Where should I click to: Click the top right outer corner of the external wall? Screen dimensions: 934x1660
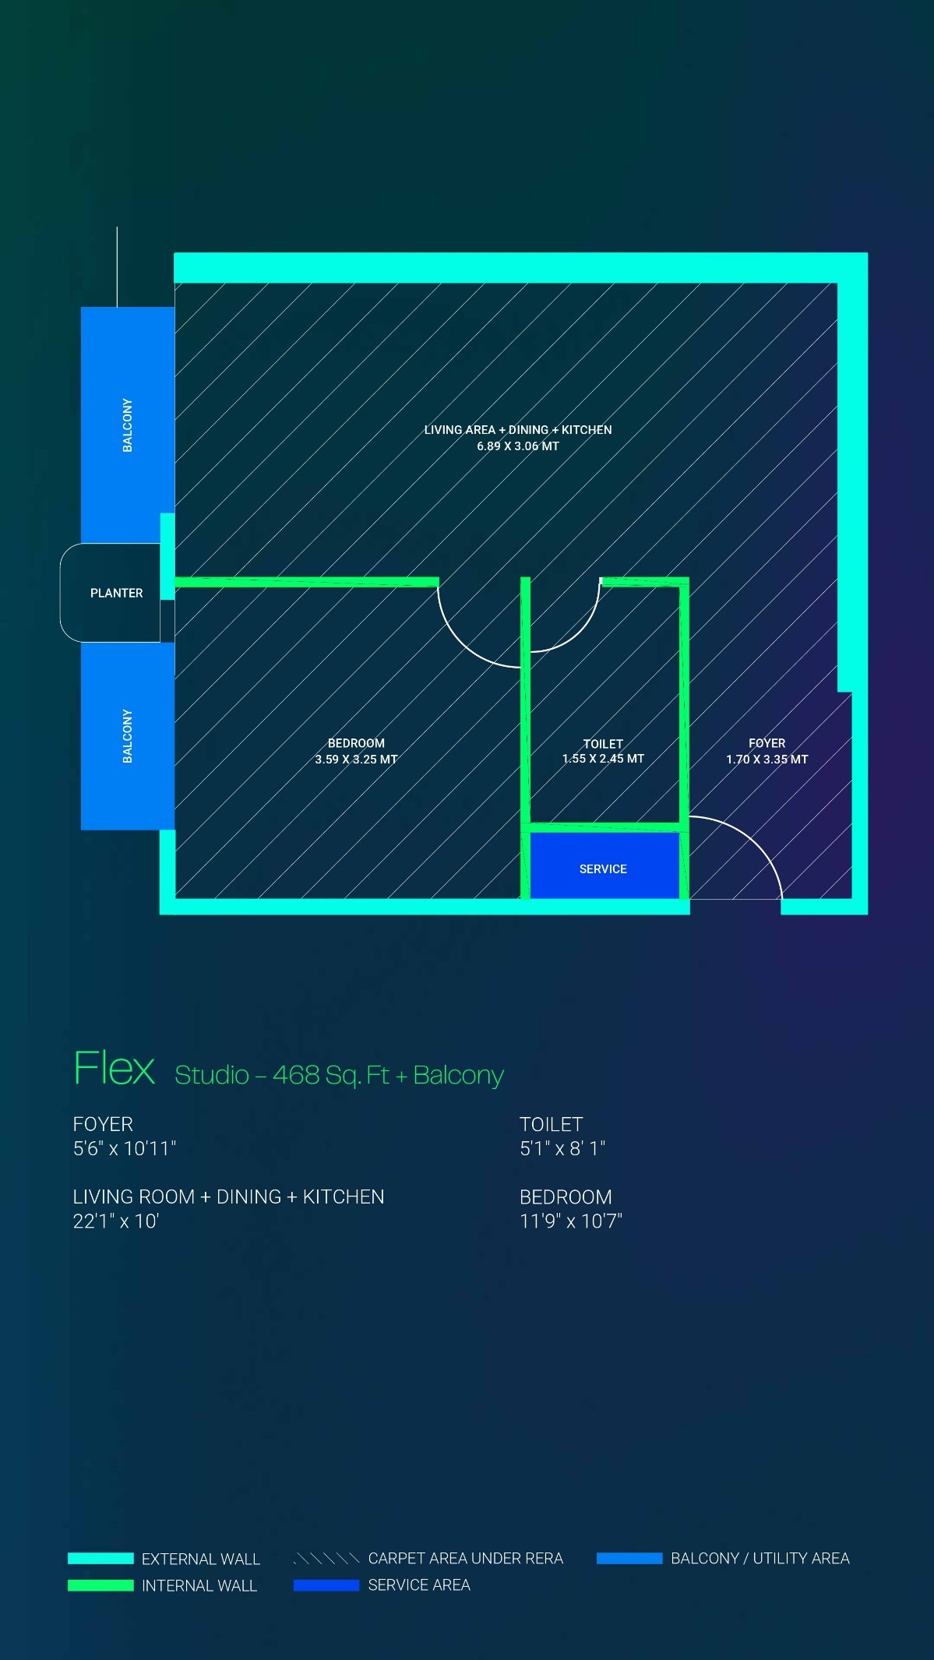click(x=867, y=253)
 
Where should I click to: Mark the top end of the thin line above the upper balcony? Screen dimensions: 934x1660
click(x=117, y=227)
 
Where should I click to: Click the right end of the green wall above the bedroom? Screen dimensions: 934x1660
click(x=439, y=582)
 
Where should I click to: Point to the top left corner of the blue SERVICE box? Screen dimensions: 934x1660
click(x=531, y=833)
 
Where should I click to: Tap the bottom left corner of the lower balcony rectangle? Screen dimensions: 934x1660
click(x=82, y=829)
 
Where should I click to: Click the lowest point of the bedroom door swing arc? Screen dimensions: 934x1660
click(x=520, y=667)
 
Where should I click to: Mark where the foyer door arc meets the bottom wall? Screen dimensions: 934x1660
click(x=781, y=899)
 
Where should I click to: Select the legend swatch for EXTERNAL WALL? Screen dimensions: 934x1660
click(x=100, y=1558)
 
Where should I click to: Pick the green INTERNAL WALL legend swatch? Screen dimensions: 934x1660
click(x=100, y=1585)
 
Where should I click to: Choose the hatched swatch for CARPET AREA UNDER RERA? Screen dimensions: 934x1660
click(x=326, y=1558)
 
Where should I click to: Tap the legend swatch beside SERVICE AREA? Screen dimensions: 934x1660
click(x=326, y=1585)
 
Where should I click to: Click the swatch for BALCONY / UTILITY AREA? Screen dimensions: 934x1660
click(x=629, y=1558)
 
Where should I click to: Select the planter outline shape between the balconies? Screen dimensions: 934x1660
click(x=111, y=593)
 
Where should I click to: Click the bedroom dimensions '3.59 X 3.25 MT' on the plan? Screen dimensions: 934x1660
click(x=356, y=760)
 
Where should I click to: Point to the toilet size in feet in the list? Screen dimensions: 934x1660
click(x=562, y=1148)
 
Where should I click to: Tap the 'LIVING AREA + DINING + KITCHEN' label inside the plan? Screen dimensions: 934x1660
click(x=518, y=430)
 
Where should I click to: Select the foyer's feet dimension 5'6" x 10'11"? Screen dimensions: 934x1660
click(x=125, y=1148)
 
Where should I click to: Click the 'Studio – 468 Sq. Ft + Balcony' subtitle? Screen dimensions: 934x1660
click(x=339, y=1075)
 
